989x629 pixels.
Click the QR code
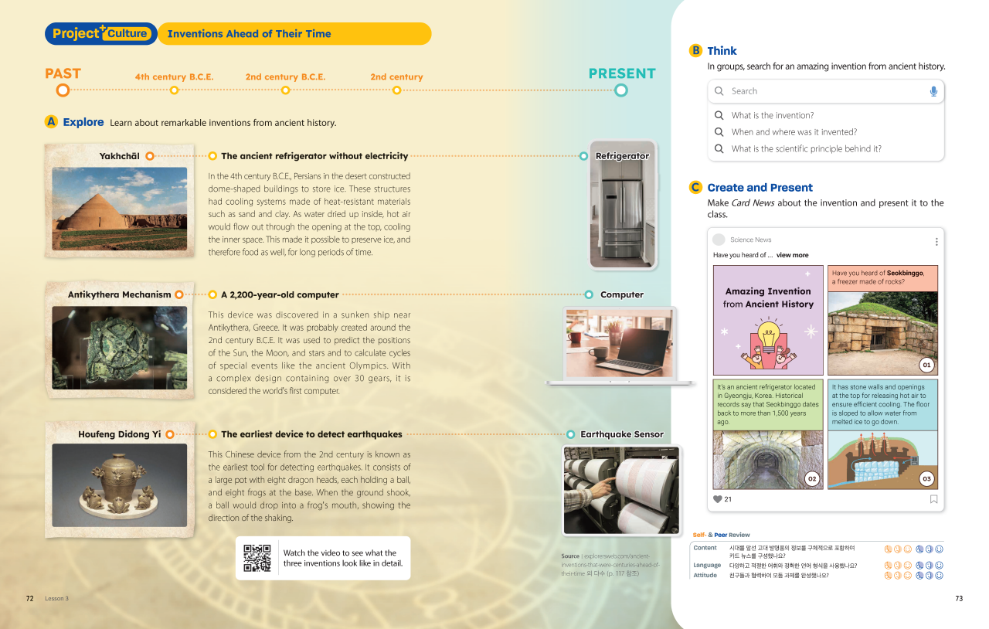[x=257, y=558]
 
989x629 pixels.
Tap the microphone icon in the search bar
[x=933, y=91]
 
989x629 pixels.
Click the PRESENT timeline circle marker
[x=621, y=90]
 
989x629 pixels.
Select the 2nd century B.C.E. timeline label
[x=285, y=77]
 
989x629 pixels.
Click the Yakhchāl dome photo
[x=120, y=198]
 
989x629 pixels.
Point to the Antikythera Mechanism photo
[x=120, y=337]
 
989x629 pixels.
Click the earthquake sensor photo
[x=621, y=490]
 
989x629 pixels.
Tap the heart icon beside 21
[x=717, y=499]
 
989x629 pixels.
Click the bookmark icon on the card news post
[x=933, y=499]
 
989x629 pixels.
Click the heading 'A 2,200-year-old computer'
[x=280, y=294]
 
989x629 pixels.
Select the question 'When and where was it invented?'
[x=794, y=132]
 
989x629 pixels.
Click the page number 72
[x=29, y=599]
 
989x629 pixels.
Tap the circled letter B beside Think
[x=695, y=51]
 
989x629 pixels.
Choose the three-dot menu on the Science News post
[x=936, y=241]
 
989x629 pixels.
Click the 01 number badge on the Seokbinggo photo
[x=927, y=365]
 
